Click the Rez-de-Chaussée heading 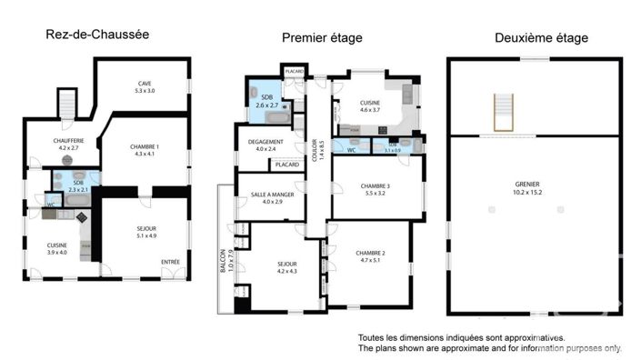click(96, 35)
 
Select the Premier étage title click(321, 37)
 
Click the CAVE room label click(145, 86)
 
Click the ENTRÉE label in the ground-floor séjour click(170, 263)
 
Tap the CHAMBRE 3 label click(376, 189)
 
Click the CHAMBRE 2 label click(371, 256)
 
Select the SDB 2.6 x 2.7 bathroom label click(268, 101)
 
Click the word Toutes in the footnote click(374, 336)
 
